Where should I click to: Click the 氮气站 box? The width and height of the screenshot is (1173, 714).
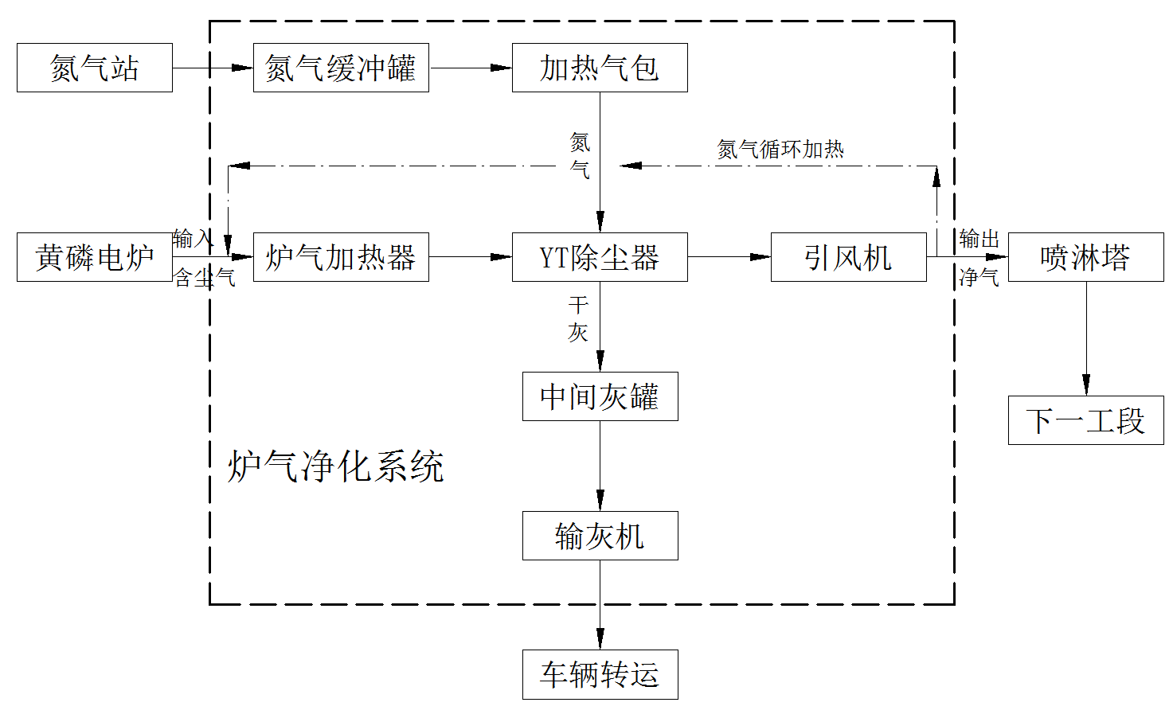pyautogui.click(x=94, y=68)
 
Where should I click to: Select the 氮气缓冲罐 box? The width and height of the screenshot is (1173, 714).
pyautogui.click(x=341, y=68)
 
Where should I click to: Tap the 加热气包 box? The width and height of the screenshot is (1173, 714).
pyautogui.click(x=600, y=68)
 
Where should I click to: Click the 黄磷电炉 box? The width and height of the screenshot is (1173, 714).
pyautogui.click(x=94, y=257)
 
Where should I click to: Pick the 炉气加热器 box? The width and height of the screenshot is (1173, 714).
pyautogui.click(x=341, y=257)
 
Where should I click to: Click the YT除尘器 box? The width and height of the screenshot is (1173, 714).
pyautogui.click(x=600, y=257)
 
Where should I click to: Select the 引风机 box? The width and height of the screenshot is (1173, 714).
pyautogui.click(x=848, y=257)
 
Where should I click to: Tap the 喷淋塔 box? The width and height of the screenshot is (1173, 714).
pyautogui.click(x=1085, y=257)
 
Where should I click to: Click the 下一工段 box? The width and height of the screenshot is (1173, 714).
pyautogui.click(x=1085, y=420)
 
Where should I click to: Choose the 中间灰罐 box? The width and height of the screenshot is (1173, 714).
pyautogui.click(x=600, y=396)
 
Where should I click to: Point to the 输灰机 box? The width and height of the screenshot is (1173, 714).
pyautogui.click(x=600, y=536)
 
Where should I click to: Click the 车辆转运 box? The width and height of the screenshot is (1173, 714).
pyautogui.click(x=600, y=675)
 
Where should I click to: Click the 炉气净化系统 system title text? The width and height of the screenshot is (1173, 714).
pyautogui.click(x=335, y=466)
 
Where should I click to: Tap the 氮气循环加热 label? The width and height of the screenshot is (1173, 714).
pyautogui.click(x=780, y=149)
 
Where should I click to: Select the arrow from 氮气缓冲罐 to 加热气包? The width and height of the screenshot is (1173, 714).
pyautogui.click(x=470, y=68)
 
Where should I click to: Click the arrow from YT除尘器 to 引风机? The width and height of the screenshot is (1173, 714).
pyautogui.click(x=729, y=257)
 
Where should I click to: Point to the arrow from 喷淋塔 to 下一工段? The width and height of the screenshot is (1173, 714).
pyautogui.click(x=1085, y=338)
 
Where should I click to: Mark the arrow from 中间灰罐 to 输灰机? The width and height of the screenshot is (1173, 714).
pyautogui.click(x=600, y=466)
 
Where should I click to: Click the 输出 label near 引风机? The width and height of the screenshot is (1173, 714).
pyautogui.click(x=979, y=239)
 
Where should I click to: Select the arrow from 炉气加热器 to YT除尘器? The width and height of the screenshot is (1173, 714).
pyautogui.click(x=470, y=257)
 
